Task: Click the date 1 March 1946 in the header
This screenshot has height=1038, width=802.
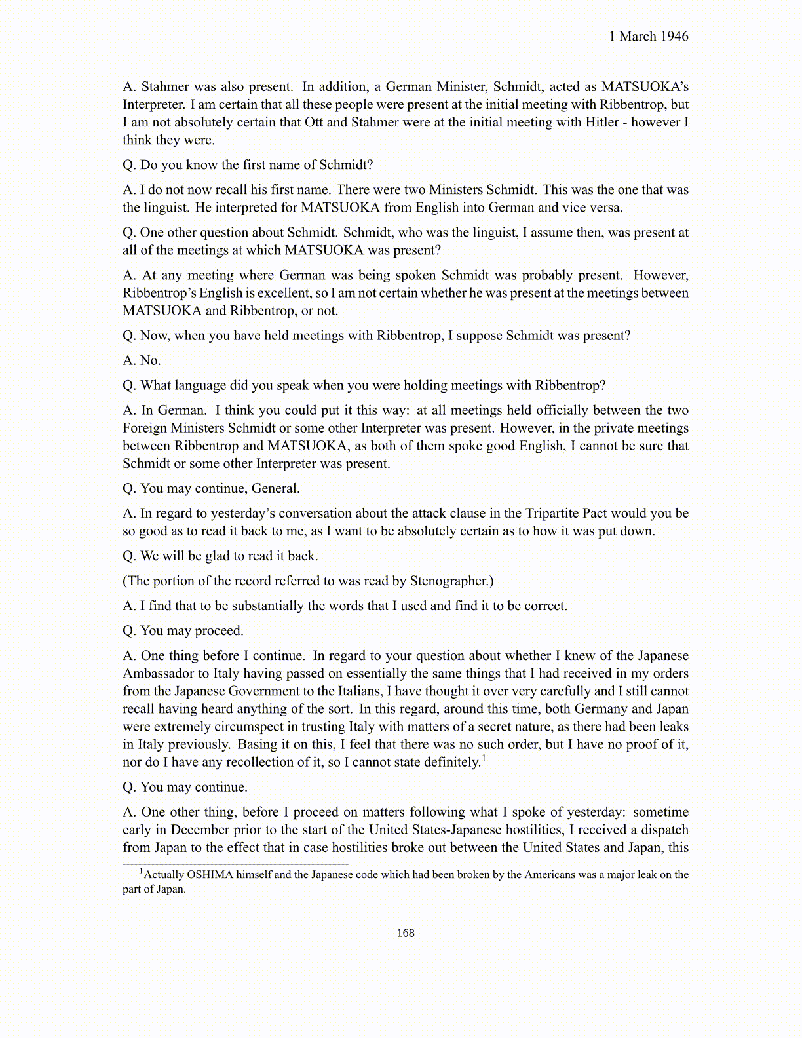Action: click(649, 37)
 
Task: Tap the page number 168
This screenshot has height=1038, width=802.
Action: click(406, 933)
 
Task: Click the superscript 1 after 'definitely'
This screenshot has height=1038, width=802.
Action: click(484, 759)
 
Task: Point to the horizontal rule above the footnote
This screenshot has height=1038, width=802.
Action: click(236, 864)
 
